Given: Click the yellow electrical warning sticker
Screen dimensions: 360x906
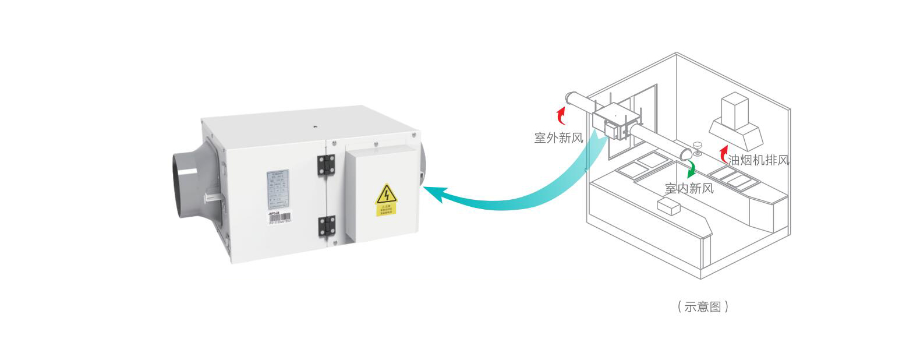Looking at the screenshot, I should pos(385,200).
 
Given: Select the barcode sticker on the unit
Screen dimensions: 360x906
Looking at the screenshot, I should pos(279,219).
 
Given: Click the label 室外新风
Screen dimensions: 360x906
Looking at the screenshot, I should pos(558,137).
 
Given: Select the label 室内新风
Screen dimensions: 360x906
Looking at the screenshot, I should pos(689,188).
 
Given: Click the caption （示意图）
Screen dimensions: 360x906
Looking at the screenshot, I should pos(703,306).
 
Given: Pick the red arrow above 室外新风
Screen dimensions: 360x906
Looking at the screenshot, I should pos(561,115).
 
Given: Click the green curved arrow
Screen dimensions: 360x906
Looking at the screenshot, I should pos(692,170).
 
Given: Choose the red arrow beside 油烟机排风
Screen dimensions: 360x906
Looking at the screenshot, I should pos(723,155).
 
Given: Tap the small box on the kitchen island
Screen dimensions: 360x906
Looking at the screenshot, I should pos(668,206).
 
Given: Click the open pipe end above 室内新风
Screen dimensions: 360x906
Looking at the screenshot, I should pos(686,153).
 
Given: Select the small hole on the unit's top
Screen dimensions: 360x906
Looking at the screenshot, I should pos(314,125).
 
